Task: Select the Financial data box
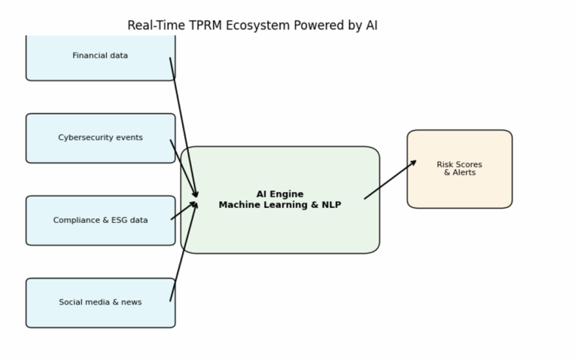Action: (x=100, y=56)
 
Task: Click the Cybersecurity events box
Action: (x=100, y=138)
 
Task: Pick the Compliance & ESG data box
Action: (x=100, y=221)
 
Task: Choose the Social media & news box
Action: (x=100, y=303)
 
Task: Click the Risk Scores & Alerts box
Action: (x=460, y=169)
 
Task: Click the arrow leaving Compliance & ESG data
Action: (x=183, y=212)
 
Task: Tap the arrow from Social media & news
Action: (x=183, y=252)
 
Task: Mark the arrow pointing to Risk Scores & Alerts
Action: (x=391, y=179)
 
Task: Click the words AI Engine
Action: (x=280, y=194)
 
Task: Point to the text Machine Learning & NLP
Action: (x=280, y=205)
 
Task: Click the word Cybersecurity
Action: (x=83, y=138)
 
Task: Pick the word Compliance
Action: (x=76, y=221)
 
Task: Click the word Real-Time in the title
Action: (x=154, y=26)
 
